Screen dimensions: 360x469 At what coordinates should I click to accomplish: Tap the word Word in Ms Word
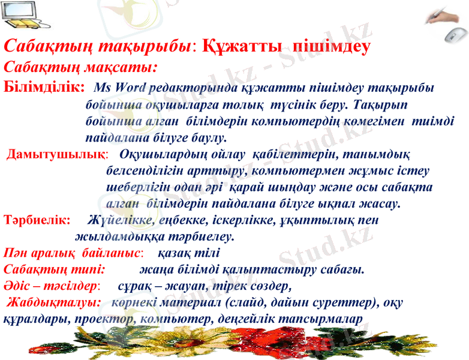click(x=131, y=88)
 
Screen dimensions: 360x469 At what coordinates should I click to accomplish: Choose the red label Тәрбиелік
click(x=37, y=220)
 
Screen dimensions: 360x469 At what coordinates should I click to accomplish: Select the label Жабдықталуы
click(x=54, y=301)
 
